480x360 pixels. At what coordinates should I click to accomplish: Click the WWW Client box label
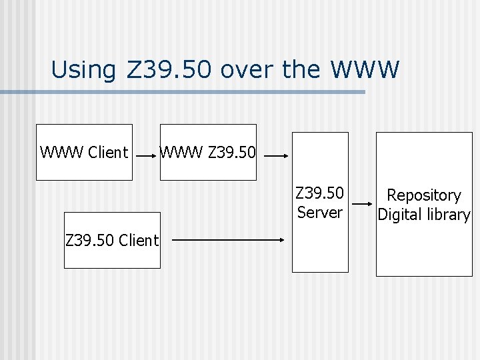tap(84, 153)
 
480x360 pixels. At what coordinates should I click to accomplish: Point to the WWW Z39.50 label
tap(207, 153)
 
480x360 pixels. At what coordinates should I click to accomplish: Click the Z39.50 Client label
tap(112, 241)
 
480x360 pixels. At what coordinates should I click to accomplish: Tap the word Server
tap(320, 213)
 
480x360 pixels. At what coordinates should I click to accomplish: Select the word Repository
tap(424, 195)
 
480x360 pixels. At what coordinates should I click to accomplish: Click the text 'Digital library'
tap(424, 215)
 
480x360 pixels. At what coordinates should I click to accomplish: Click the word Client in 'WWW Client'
tap(108, 153)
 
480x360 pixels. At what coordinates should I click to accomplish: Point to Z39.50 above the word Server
tap(320, 193)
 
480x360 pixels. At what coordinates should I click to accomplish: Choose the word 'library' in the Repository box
tap(449, 215)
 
